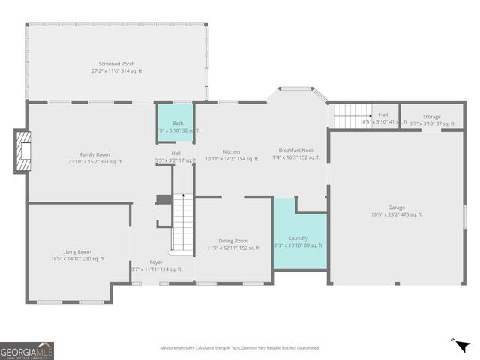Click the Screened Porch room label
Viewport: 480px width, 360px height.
[115, 64]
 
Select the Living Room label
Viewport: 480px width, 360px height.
[76, 251]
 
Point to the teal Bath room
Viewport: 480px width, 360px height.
[175, 120]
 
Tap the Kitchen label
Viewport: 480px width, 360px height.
[231, 151]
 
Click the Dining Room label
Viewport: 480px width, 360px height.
[232, 241]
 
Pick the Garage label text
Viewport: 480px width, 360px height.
[396, 208]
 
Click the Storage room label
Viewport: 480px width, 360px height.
[431, 117]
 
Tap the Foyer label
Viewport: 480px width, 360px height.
[156, 262]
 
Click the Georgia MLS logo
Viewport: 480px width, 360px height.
[27, 350]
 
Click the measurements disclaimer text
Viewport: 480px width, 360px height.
[239, 348]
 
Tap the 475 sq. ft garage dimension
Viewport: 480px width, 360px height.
[396, 214]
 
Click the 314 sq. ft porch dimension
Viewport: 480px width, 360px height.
[115, 70]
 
